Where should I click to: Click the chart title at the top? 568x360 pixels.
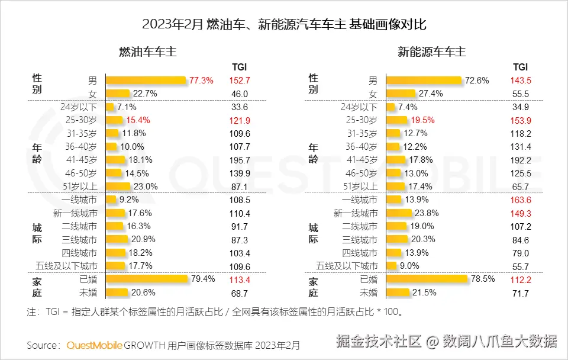284,25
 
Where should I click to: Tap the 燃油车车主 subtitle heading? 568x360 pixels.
148,52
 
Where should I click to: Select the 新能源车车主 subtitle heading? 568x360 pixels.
431,52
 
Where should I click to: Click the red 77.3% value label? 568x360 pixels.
201,81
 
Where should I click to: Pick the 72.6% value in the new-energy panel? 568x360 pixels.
477,81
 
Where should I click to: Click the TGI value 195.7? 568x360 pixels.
240,160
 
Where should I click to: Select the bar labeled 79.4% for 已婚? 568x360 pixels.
153,279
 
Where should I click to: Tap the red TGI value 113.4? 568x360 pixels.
240,280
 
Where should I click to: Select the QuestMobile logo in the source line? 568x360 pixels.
97,345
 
